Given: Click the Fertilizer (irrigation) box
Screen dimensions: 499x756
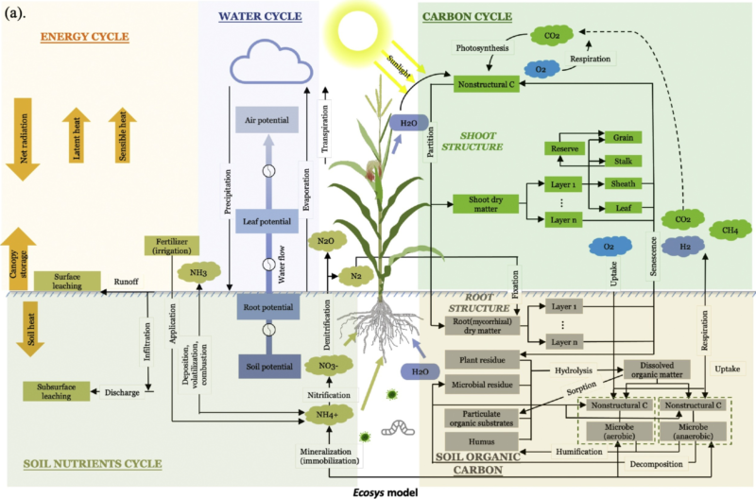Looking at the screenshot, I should coord(173,247).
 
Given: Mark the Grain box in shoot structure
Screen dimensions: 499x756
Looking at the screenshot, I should coord(623,138).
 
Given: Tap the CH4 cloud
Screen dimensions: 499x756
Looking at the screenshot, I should coord(730,230).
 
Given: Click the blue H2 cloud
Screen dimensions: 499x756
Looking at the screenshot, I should coord(672,247).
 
